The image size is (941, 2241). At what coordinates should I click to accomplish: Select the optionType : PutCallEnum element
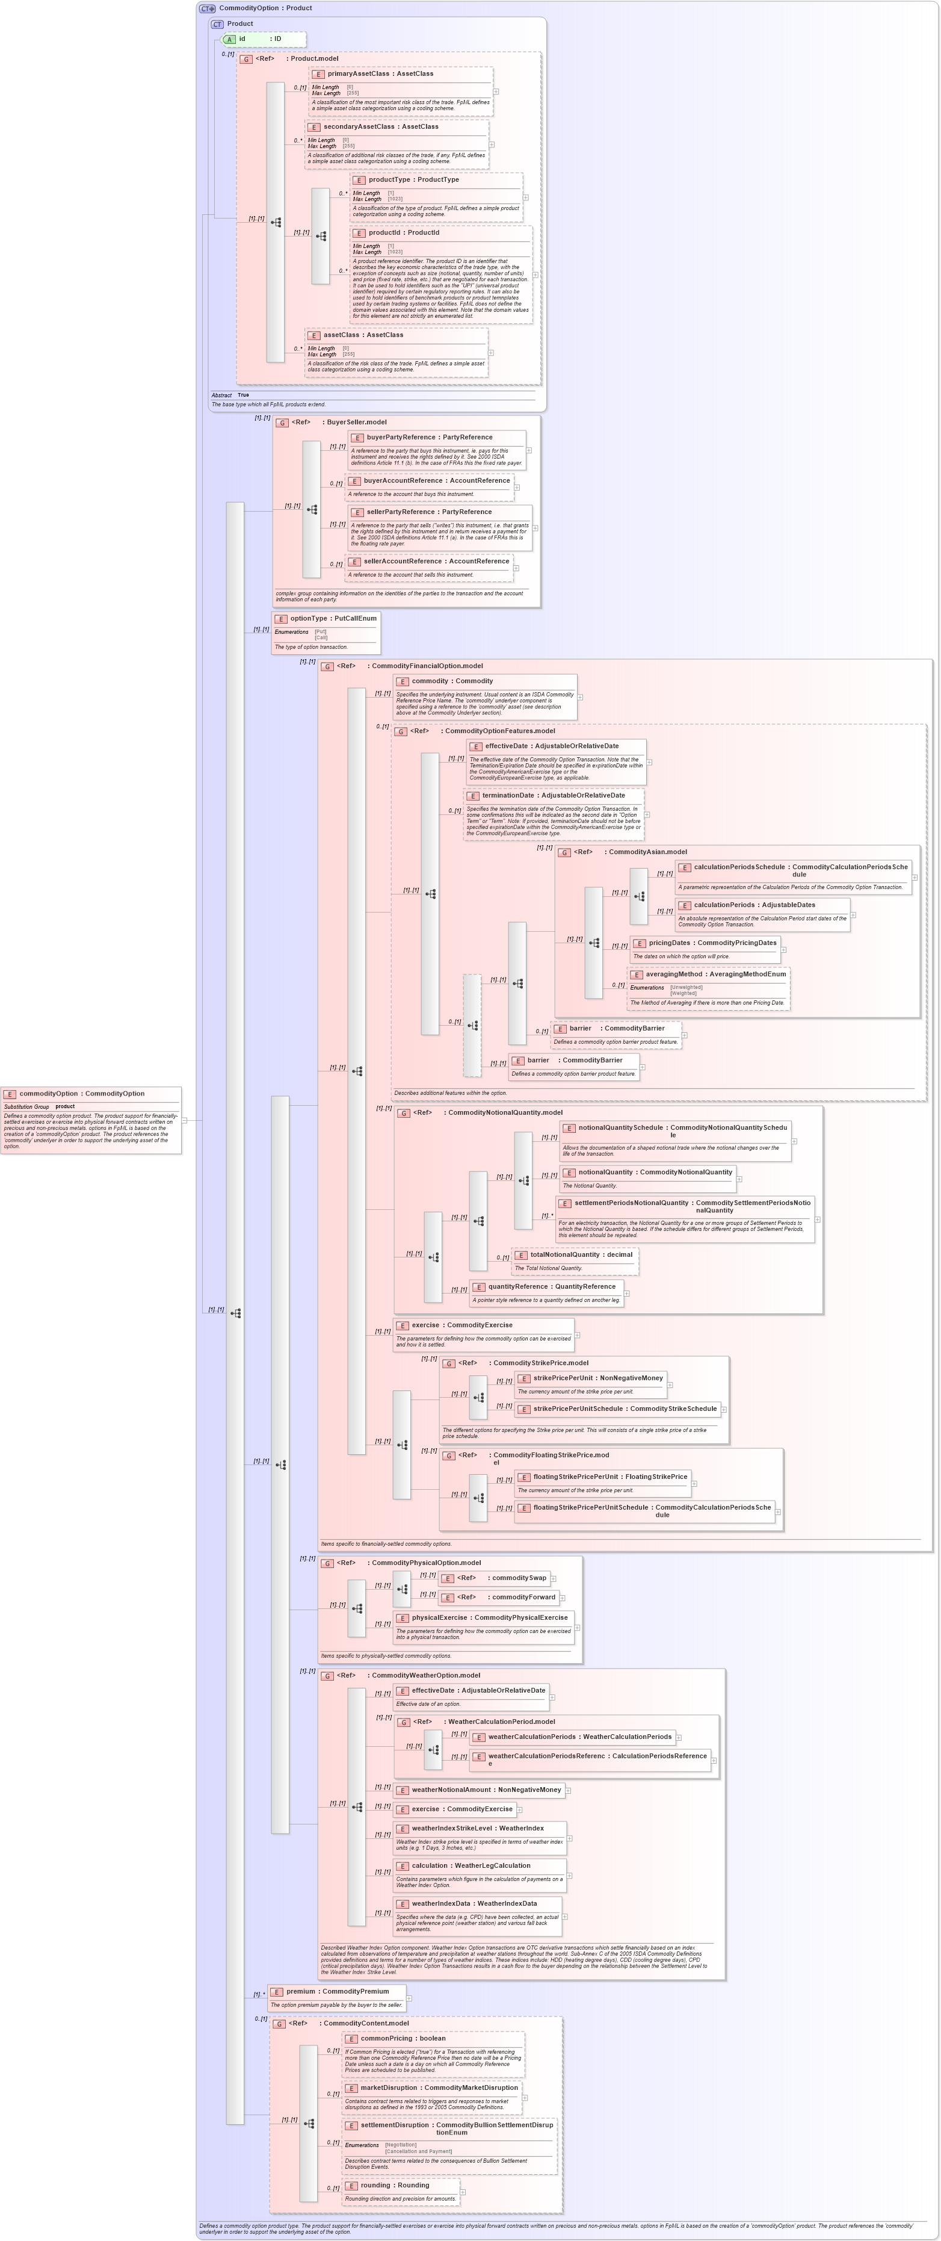point(325,619)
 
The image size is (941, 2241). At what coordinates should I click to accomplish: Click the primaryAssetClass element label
point(380,74)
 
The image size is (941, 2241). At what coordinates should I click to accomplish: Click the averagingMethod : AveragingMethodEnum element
point(715,975)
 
